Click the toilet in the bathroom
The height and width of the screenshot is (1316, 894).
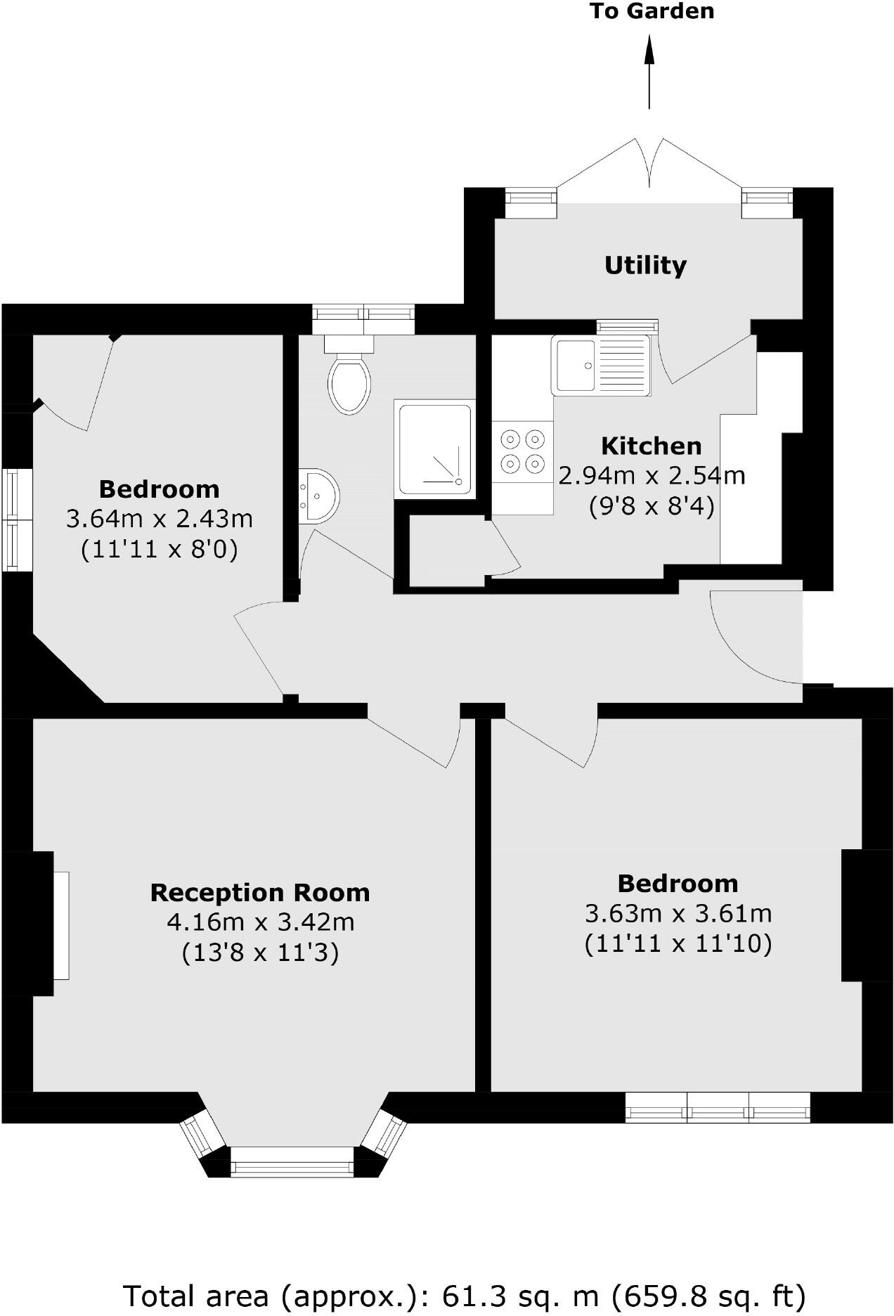[x=349, y=383]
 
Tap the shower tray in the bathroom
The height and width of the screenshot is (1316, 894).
[x=434, y=449]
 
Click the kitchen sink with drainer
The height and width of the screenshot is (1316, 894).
[x=601, y=365]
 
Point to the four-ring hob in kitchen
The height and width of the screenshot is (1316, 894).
[x=522, y=451]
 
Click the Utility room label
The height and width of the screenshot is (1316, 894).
[x=645, y=266]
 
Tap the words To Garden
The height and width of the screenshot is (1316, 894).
[x=652, y=11]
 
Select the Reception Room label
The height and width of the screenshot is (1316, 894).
[x=260, y=892]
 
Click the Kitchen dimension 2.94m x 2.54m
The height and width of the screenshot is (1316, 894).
[x=652, y=476]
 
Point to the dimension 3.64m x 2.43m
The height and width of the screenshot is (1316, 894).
[x=160, y=519]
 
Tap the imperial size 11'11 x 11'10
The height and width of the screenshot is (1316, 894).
[x=678, y=943]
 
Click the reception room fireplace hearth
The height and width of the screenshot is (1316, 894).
[x=62, y=924]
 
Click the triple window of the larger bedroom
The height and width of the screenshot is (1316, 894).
[x=718, y=1107]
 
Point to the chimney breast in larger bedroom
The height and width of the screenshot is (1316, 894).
[x=866, y=915]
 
